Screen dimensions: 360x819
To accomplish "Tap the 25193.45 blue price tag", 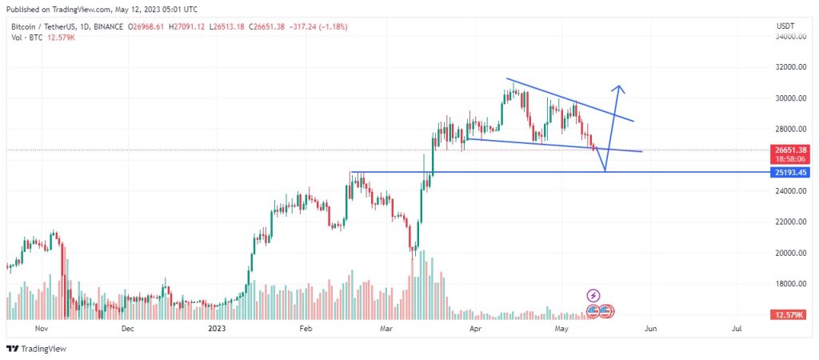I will [x=793, y=172].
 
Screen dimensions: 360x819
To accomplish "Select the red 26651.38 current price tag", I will [x=793, y=150].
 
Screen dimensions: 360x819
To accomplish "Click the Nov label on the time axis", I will [x=41, y=328].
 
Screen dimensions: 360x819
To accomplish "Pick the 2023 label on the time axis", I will [x=217, y=328].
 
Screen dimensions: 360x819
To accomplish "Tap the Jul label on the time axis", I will [x=737, y=328].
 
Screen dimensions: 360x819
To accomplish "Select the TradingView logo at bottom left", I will [x=36, y=349].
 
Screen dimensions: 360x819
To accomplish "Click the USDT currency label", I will [x=785, y=26].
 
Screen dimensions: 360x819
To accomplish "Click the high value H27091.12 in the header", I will [x=185, y=26].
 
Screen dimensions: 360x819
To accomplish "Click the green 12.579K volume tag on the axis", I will [x=793, y=316].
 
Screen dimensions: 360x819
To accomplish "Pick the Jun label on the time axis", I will [x=650, y=328].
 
